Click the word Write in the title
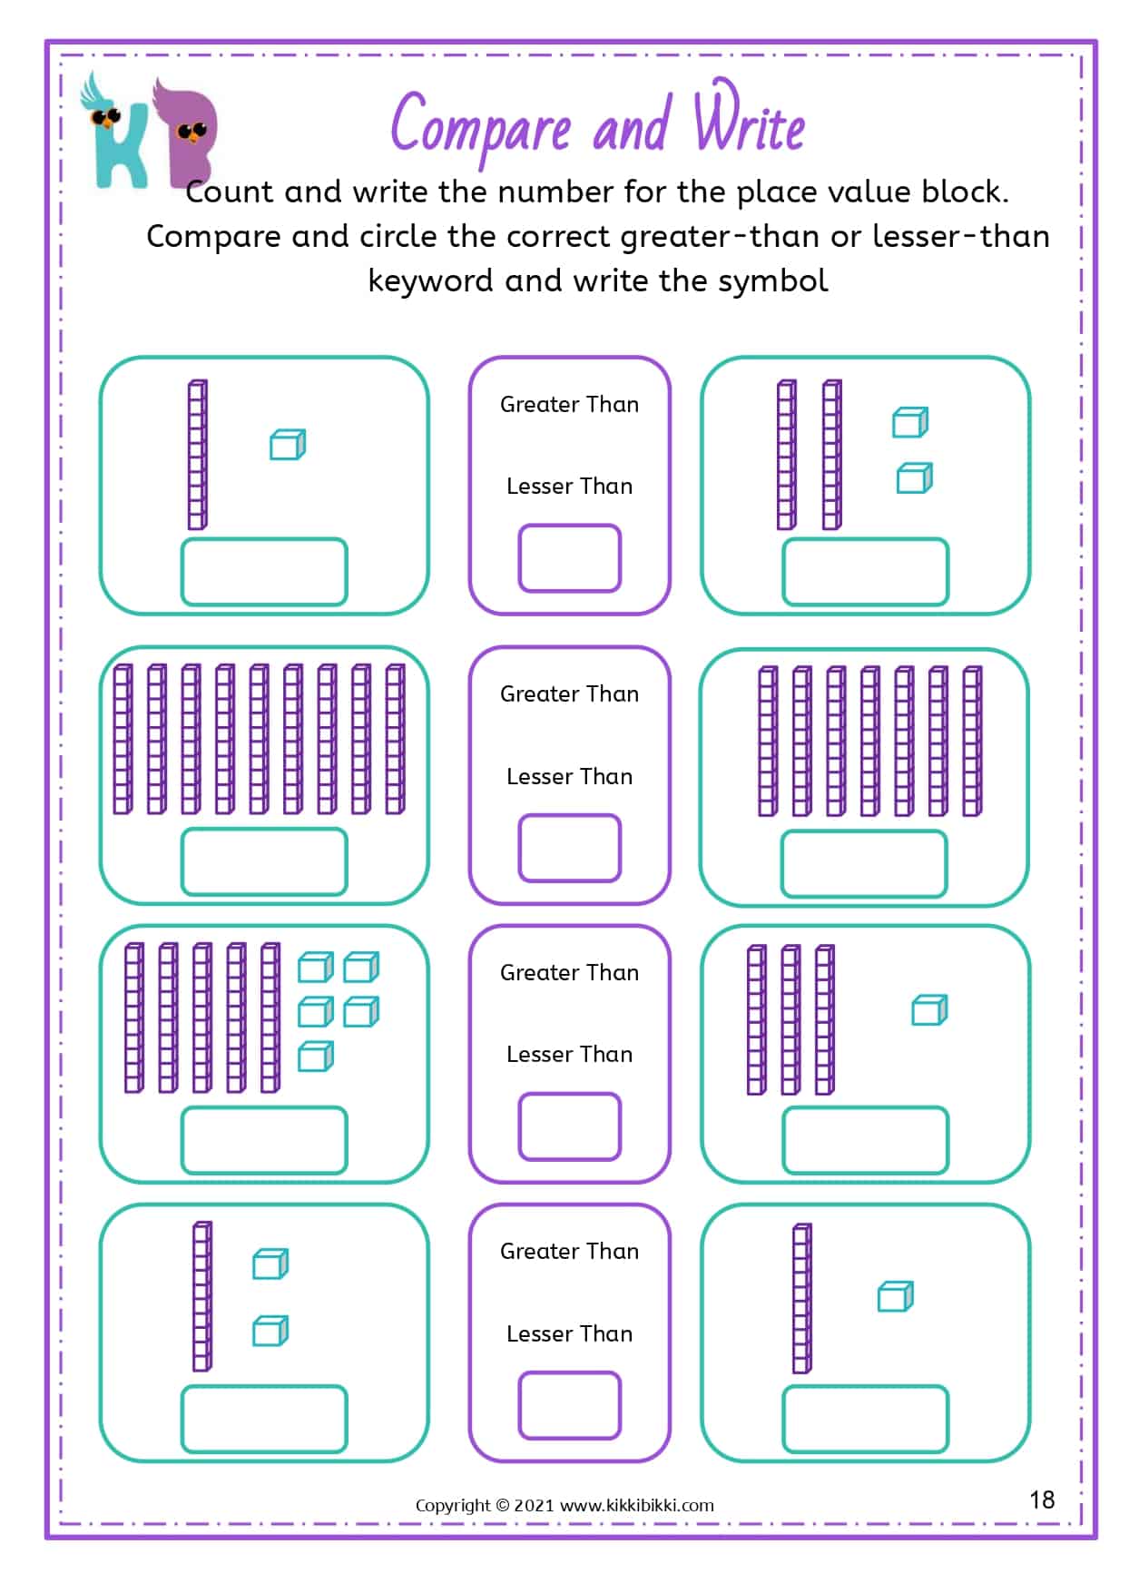click(749, 123)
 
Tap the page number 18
click(1042, 1500)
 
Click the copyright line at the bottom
click(564, 1505)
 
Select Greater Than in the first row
click(569, 405)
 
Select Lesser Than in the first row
click(569, 487)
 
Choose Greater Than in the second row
click(569, 694)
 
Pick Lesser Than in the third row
click(569, 1055)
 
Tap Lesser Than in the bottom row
click(569, 1334)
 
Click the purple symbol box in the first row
click(569, 558)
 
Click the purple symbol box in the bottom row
click(569, 1406)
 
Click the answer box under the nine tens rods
click(264, 861)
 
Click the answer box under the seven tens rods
click(864, 863)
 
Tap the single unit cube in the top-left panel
click(288, 445)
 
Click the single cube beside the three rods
click(929, 1010)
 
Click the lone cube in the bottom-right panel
click(895, 1296)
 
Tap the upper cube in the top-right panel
click(910, 422)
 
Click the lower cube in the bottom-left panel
click(270, 1332)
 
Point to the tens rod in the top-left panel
click(197, 455)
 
